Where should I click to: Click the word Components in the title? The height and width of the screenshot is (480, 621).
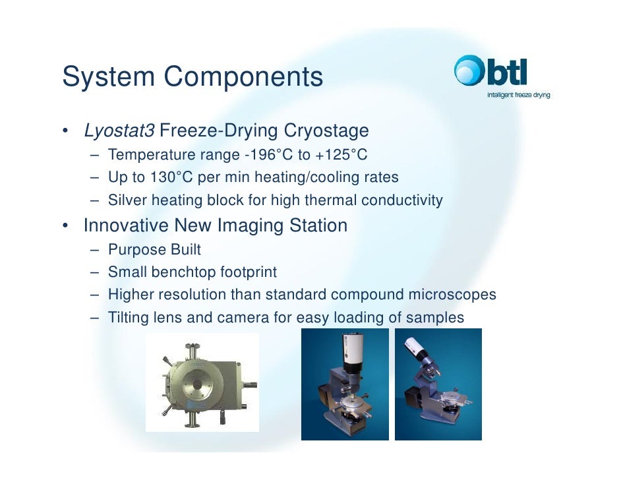pos(243,77)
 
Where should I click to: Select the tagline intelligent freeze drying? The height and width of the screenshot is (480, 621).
pos(518,94)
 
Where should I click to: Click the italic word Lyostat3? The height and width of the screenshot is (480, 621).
pos(119,131)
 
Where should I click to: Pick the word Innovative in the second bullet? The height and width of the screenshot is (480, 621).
pos(126,225)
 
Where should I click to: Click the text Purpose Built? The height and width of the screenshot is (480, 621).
pos(154,250)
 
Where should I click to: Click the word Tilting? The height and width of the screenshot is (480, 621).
pos(128,318)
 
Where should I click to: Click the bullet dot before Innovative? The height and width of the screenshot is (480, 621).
pos(66,226)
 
